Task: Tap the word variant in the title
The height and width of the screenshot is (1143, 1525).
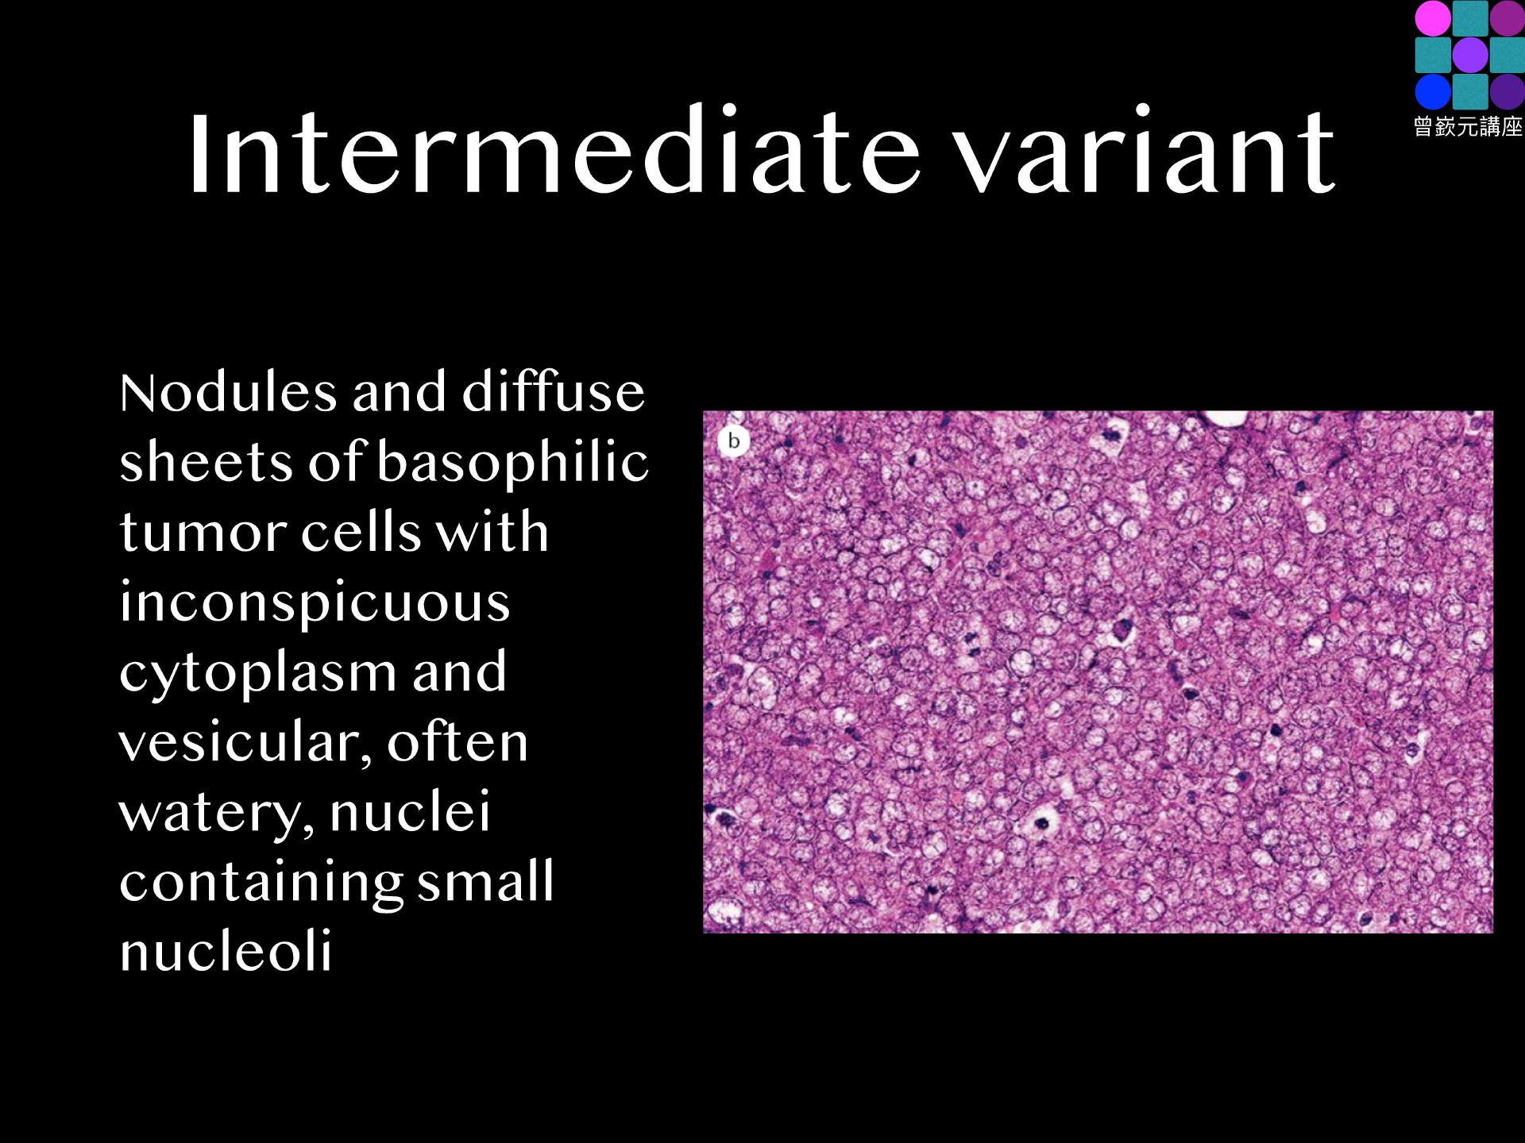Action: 1145,152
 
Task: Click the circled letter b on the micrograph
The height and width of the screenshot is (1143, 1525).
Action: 734,441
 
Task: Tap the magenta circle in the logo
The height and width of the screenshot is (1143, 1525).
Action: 1432,18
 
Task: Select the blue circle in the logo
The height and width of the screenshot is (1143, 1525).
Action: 1432,91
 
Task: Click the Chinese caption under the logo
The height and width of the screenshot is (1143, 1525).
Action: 1468,126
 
